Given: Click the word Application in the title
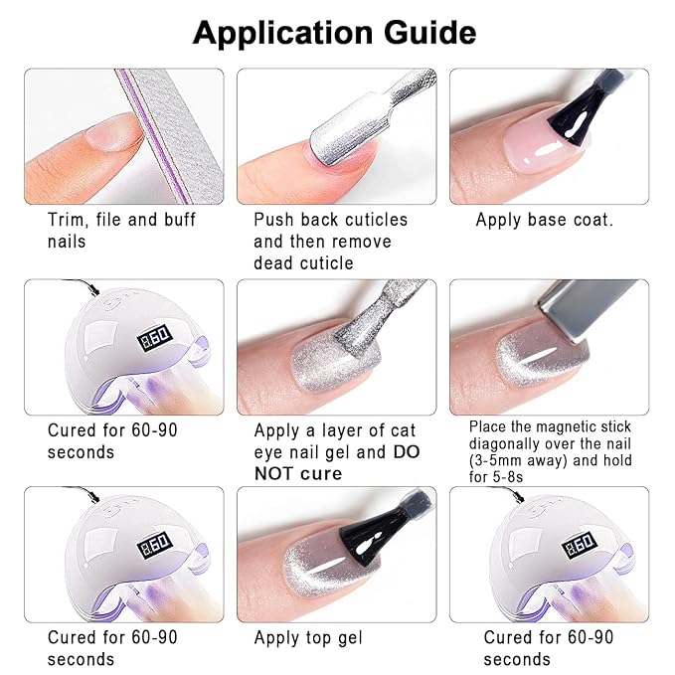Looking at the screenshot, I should click(281, 33).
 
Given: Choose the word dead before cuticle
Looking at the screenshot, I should click(275, 263).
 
